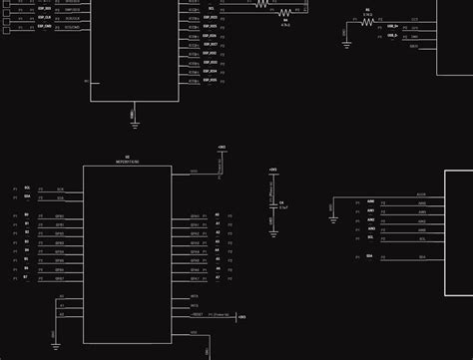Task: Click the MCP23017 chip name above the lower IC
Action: [x=127, y=160]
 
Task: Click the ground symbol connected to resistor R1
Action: [x=345, y=43]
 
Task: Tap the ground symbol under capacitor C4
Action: [x=272, y=233]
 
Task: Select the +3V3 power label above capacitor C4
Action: [x=272, y=171]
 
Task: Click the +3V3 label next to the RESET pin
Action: [x=241, y=317]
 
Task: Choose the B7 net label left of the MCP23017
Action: [x=27, y=278]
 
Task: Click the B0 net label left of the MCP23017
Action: [x=27, y=215]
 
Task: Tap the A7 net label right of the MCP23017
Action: [x=217, y=278]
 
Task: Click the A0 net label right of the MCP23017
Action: [x=217, y=215]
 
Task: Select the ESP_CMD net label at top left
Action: [x=44, y=27]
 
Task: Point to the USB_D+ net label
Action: [x=392, y=27]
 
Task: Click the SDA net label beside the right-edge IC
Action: [x=370, y=256]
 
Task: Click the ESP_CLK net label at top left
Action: [x=44, y=18]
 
